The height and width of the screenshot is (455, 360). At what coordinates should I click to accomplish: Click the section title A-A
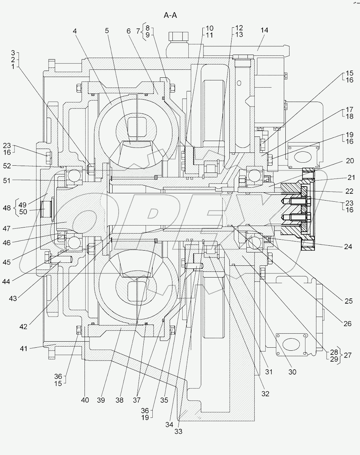coord(171,16)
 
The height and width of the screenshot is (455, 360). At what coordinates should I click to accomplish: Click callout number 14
coord(264,30)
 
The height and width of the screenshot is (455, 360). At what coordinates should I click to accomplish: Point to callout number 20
coord(349,161)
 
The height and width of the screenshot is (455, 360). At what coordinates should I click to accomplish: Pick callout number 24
coord(348,246)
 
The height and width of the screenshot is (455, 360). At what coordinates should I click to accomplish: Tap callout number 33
coord(178,431)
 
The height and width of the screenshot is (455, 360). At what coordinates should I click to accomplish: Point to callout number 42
coord(23,326)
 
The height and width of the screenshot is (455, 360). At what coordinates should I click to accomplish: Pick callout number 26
coord(347,323)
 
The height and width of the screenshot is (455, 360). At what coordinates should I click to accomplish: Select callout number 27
coord(347,355)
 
